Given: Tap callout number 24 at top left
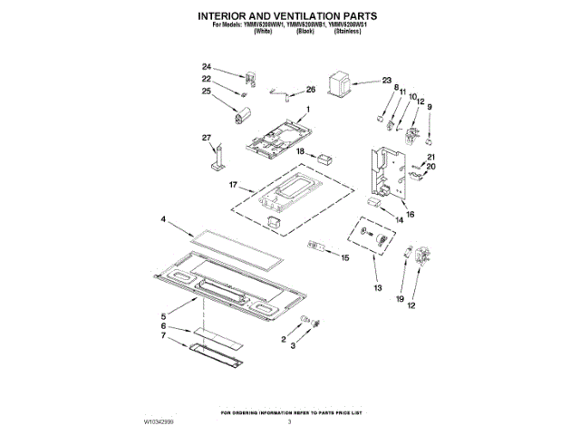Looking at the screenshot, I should click(206, 67).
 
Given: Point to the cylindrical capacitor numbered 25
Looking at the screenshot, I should click(239, 114).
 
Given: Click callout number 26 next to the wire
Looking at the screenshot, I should click(310, 90).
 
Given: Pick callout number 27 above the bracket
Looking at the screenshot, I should click(206, 137).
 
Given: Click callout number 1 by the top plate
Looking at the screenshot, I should click(307, 110).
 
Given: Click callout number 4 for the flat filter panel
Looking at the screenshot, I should click(164, 219).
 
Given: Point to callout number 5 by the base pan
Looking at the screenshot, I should click(164, 315).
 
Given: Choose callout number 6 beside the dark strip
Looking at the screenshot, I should click(164, 326).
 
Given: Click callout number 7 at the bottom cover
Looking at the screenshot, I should click(164, 336).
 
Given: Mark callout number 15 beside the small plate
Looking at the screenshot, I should click(344, 257).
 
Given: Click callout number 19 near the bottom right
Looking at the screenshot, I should click(400, 297).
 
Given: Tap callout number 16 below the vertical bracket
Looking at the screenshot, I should click(410, 215).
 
